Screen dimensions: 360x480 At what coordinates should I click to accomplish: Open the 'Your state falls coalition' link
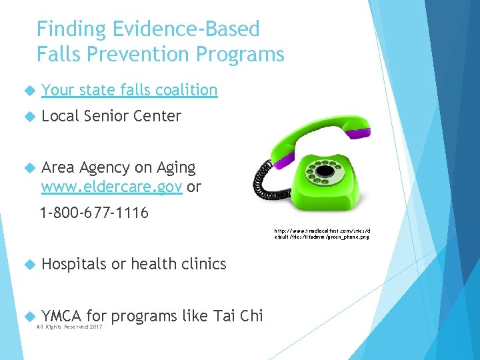pyautogui.click(x=129, y=90)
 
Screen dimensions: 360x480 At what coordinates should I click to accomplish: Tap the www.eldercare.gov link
pyautogui.click(x=111, y=187)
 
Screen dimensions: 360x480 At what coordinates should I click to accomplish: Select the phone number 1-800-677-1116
pyautogui.click(x=94, y=214)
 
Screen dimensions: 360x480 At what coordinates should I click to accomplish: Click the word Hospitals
pyautogui.click(x=73, y=264)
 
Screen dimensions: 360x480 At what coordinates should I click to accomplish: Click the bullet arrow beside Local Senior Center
pyautogui.click(x=29, y=117)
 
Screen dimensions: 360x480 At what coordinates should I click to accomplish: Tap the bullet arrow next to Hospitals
pyautogui.click(x=29, y=265)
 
